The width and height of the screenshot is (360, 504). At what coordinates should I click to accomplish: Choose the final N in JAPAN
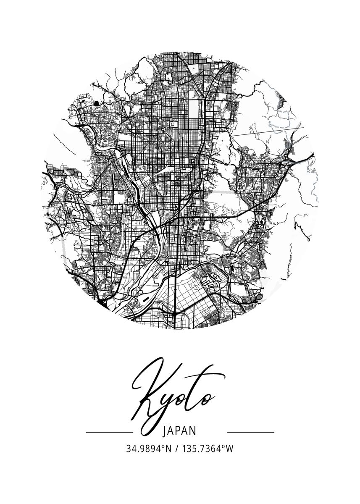tap(194, 431)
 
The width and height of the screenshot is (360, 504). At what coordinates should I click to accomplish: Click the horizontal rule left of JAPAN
tap(109, 432)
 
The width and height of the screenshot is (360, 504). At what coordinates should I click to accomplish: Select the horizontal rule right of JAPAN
tap(250, 432)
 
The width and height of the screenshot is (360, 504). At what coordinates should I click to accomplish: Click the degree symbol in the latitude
tap(163, 446)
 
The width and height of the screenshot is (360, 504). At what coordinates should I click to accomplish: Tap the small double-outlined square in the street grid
tap(174, 124)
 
